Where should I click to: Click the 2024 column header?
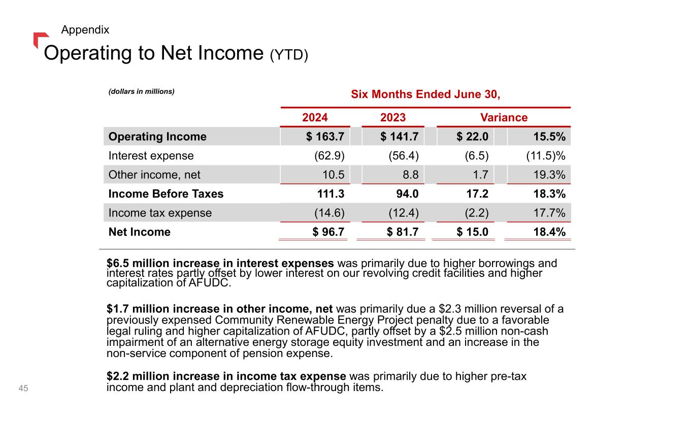click(315, 118)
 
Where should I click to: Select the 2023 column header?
click(393, 118)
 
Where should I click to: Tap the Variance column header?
click(504, 118)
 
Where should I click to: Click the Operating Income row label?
click(158, 137)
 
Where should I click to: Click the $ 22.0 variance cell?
click(472, 137)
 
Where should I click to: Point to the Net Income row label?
click(140, 232)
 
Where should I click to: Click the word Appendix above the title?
click(85, 30)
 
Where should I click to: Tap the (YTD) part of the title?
click(289, 54)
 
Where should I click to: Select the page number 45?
click(23, 388)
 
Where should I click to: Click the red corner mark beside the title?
click(40, 39)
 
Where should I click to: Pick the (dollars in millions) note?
click(141, 91)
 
